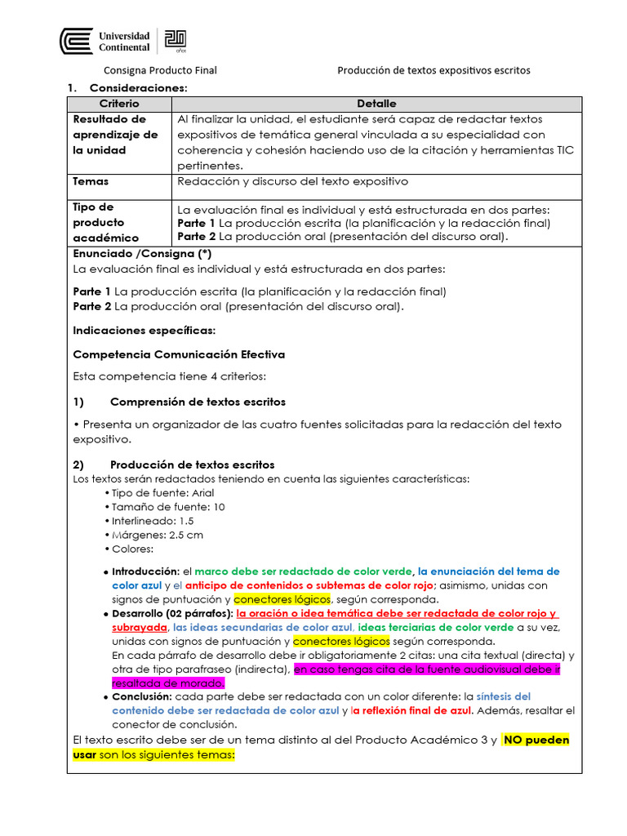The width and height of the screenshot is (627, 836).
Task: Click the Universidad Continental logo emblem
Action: (77, 42)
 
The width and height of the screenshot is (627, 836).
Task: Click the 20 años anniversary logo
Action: (176, 41)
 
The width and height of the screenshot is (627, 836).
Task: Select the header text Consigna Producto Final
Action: (159, 70)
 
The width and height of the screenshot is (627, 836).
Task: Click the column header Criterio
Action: (119, 104)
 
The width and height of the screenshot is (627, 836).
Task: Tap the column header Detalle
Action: (376, 104)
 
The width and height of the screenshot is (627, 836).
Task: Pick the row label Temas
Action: (91, 181)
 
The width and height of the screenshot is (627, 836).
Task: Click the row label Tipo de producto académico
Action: (106, 222)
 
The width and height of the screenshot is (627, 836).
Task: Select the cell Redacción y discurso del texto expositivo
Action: (292, 181)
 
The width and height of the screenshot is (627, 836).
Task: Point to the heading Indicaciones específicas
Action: (144, 331)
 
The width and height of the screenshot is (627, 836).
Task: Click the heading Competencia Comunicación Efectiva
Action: (179, 354)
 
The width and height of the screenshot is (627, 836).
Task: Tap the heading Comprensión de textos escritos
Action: (198, 402)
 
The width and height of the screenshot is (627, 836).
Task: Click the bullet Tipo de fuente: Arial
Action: (157, 493)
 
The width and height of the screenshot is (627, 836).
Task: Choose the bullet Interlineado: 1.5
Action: (152, 521)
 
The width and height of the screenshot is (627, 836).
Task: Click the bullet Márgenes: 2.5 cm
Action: (157, 535)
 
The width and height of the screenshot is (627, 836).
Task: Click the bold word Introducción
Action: (144, 571)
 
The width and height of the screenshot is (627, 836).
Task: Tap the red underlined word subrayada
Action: (140, 627)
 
